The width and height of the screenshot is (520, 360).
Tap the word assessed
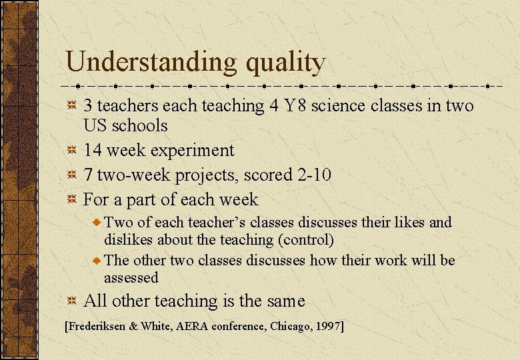click(x=131, y=277)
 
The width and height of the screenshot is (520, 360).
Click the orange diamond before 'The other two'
click(x=97, y=260)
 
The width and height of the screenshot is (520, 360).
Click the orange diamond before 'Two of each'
click(x=97, y=223)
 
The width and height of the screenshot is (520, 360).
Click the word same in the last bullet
click(x=285, y=301)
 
